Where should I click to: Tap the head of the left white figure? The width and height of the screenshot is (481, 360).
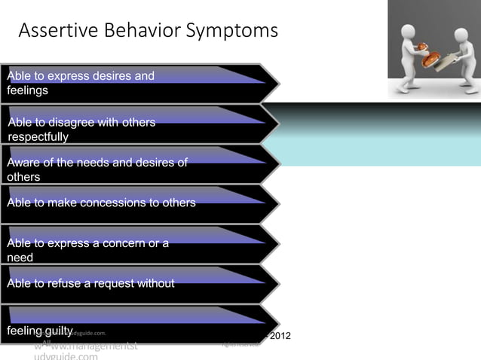(x=408, y=33)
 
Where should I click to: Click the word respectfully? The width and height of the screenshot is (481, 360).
(x=38, y=137)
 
